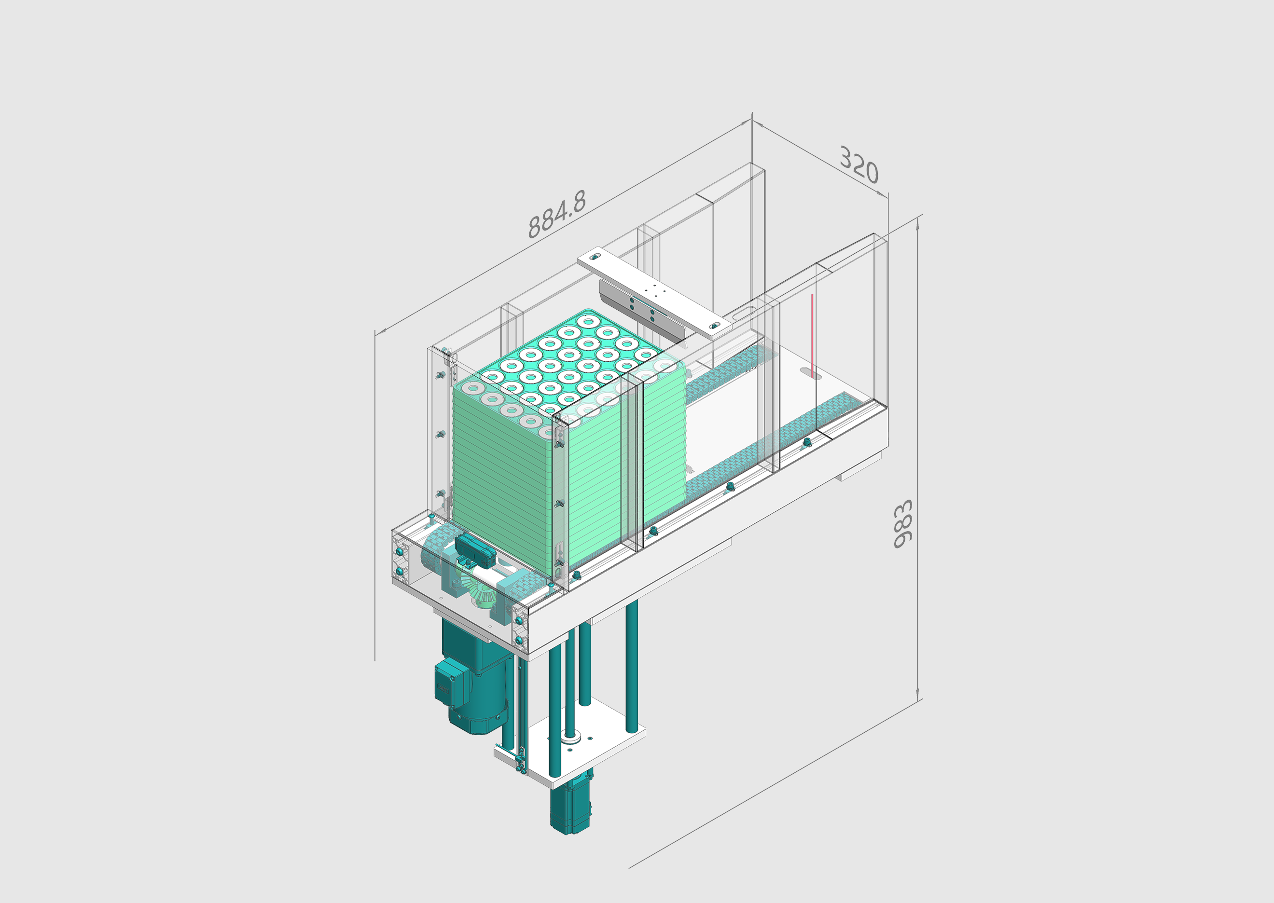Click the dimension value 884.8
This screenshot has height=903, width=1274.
pos(556,214)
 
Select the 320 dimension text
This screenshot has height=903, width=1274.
pos(859,164)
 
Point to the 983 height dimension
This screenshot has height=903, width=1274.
pos(903,524)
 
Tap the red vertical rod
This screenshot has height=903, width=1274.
pos(812,335)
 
